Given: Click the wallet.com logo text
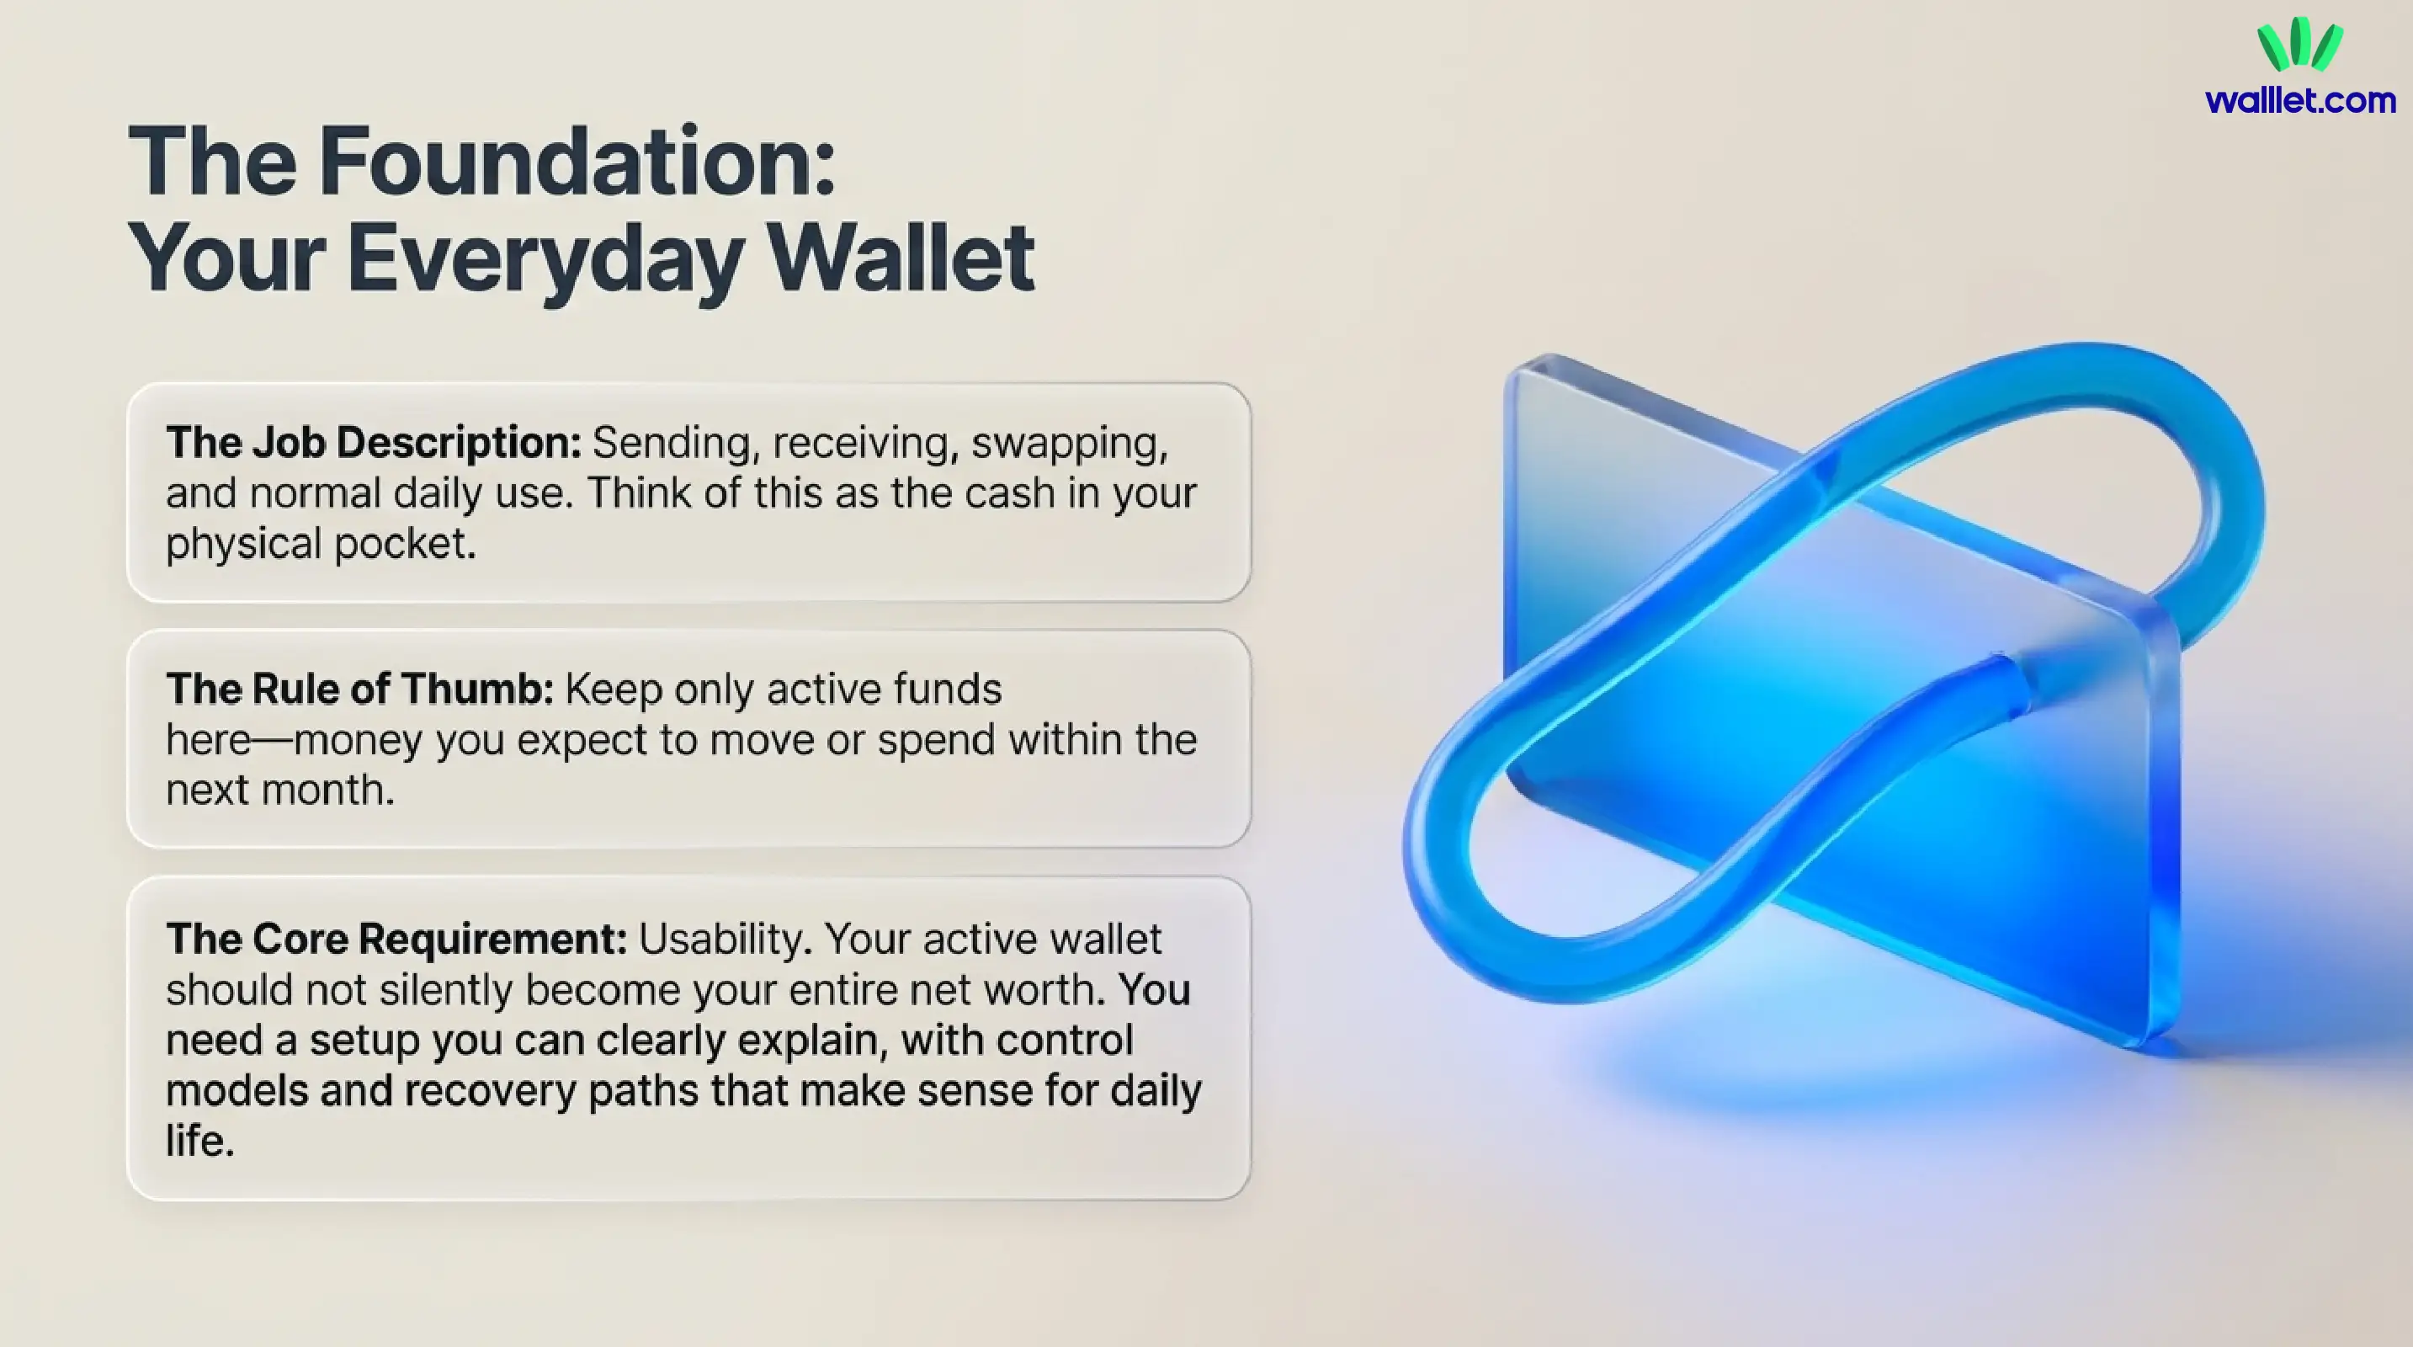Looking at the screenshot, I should (x=2300, y=100).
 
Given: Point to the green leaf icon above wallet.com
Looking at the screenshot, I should (x=2299, y=44).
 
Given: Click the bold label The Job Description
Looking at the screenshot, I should (x=374, y=442).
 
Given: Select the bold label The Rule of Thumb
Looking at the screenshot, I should (x=359, y=689).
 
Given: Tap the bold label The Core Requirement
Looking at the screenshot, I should (x=396, y=939).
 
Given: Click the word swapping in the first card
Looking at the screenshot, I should (x=1069, y=444).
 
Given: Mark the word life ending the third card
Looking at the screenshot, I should (x=199, y=1141).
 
